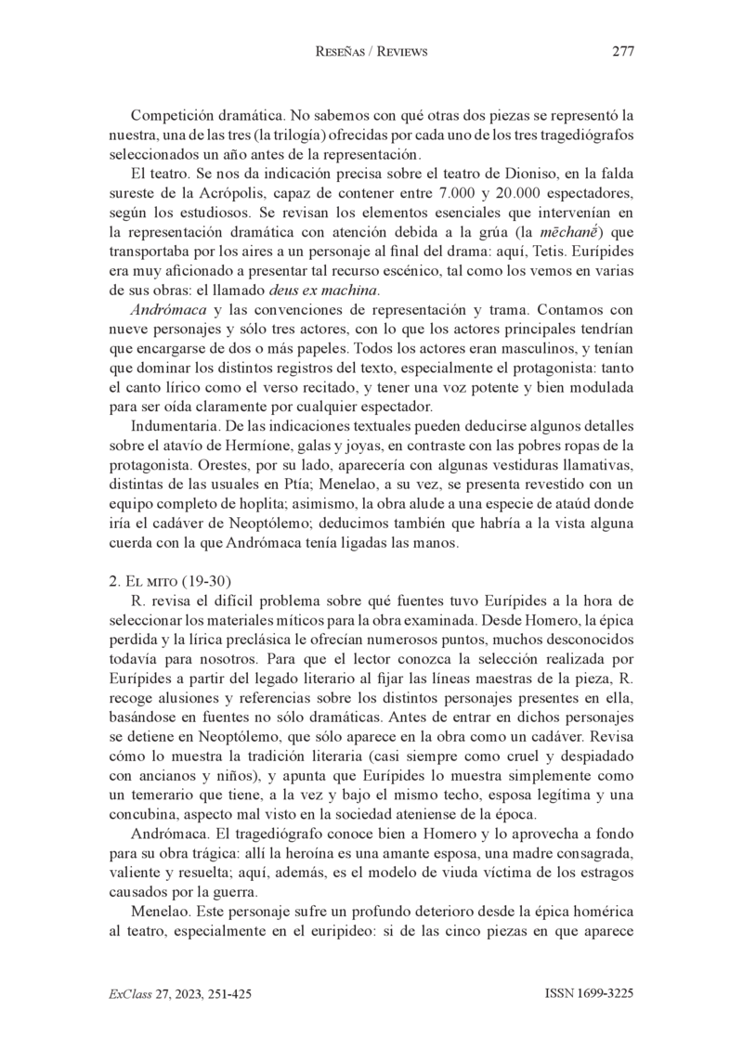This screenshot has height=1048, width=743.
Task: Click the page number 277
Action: pyautogui.click(x=622, y=52)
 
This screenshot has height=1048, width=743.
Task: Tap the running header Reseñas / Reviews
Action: pyautogui.click(x=371, y=52)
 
